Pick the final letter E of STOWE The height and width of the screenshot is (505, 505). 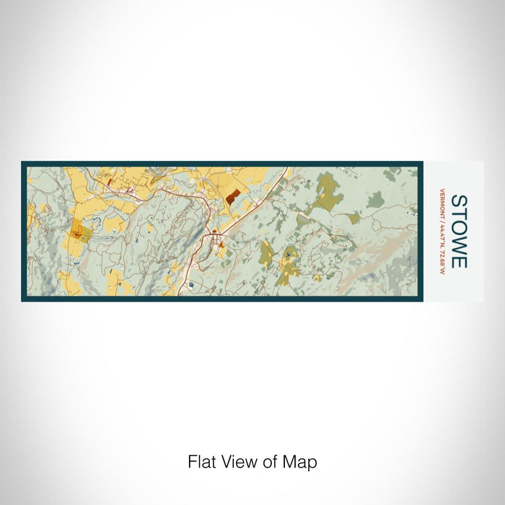tap(460, 260)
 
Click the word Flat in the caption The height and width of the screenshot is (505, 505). tap(202, 462)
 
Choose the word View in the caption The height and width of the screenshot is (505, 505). tap(237, 462)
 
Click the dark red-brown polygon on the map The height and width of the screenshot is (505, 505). tap(232, 196)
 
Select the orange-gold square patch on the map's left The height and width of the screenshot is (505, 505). tap(82, 234)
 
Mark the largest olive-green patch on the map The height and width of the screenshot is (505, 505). tap(327, 191)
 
